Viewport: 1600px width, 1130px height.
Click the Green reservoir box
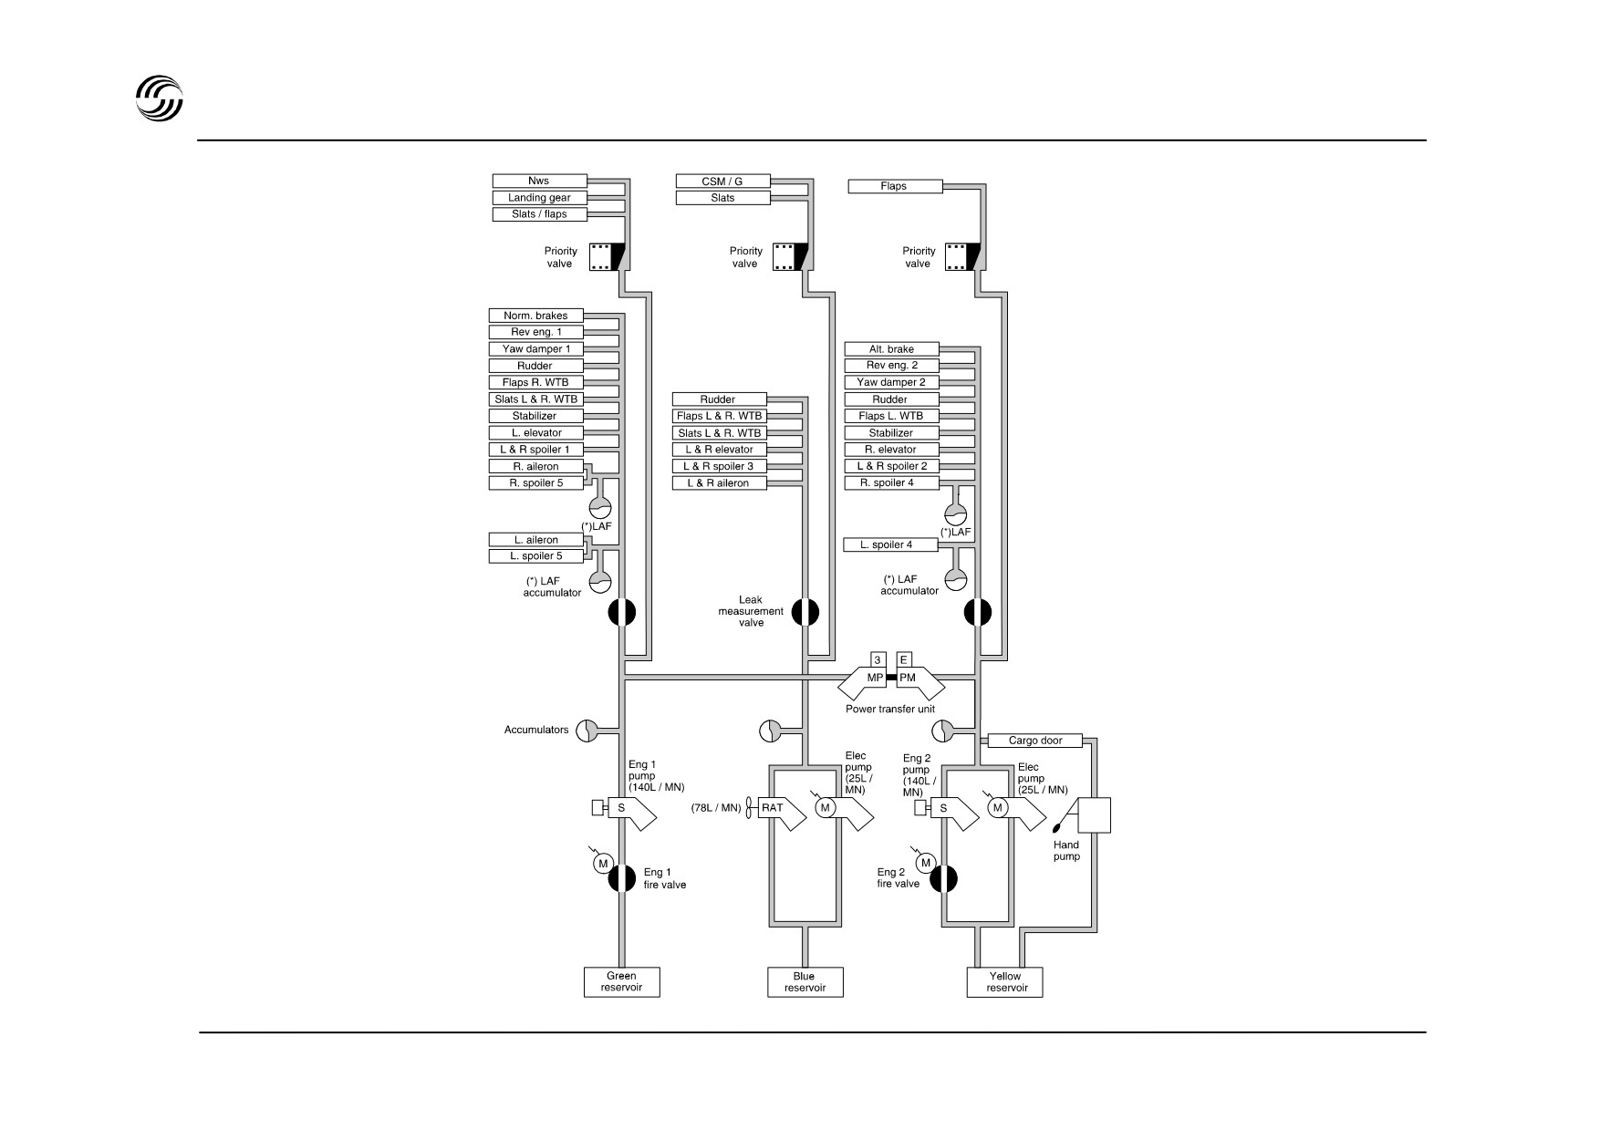pos(621,982)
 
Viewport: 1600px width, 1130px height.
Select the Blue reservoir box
pos(805,982)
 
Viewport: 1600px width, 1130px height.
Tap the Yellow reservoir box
pos(1004,982)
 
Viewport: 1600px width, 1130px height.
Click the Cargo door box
pos(1035,741)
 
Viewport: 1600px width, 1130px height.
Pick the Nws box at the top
pos(539,181)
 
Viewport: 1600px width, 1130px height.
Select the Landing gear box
pos(539,198)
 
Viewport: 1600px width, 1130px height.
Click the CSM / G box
pos(722,181)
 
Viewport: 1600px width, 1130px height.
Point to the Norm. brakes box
pos(535,316)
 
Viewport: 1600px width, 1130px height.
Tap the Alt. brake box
pos(891,349)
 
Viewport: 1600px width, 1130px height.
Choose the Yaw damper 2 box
pos(891,382)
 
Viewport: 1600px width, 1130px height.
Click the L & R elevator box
pos(719,450)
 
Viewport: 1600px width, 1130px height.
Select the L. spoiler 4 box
pos(891,545)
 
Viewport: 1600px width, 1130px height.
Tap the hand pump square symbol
pos(1094,814)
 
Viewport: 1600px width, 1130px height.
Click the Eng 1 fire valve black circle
pos(622,878)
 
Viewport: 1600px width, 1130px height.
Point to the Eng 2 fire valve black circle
pos(944,879)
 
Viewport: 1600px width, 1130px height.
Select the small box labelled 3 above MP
pos(878,659)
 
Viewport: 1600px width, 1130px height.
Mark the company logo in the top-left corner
pos(160,98)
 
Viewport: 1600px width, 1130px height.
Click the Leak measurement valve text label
pos(752,611)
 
